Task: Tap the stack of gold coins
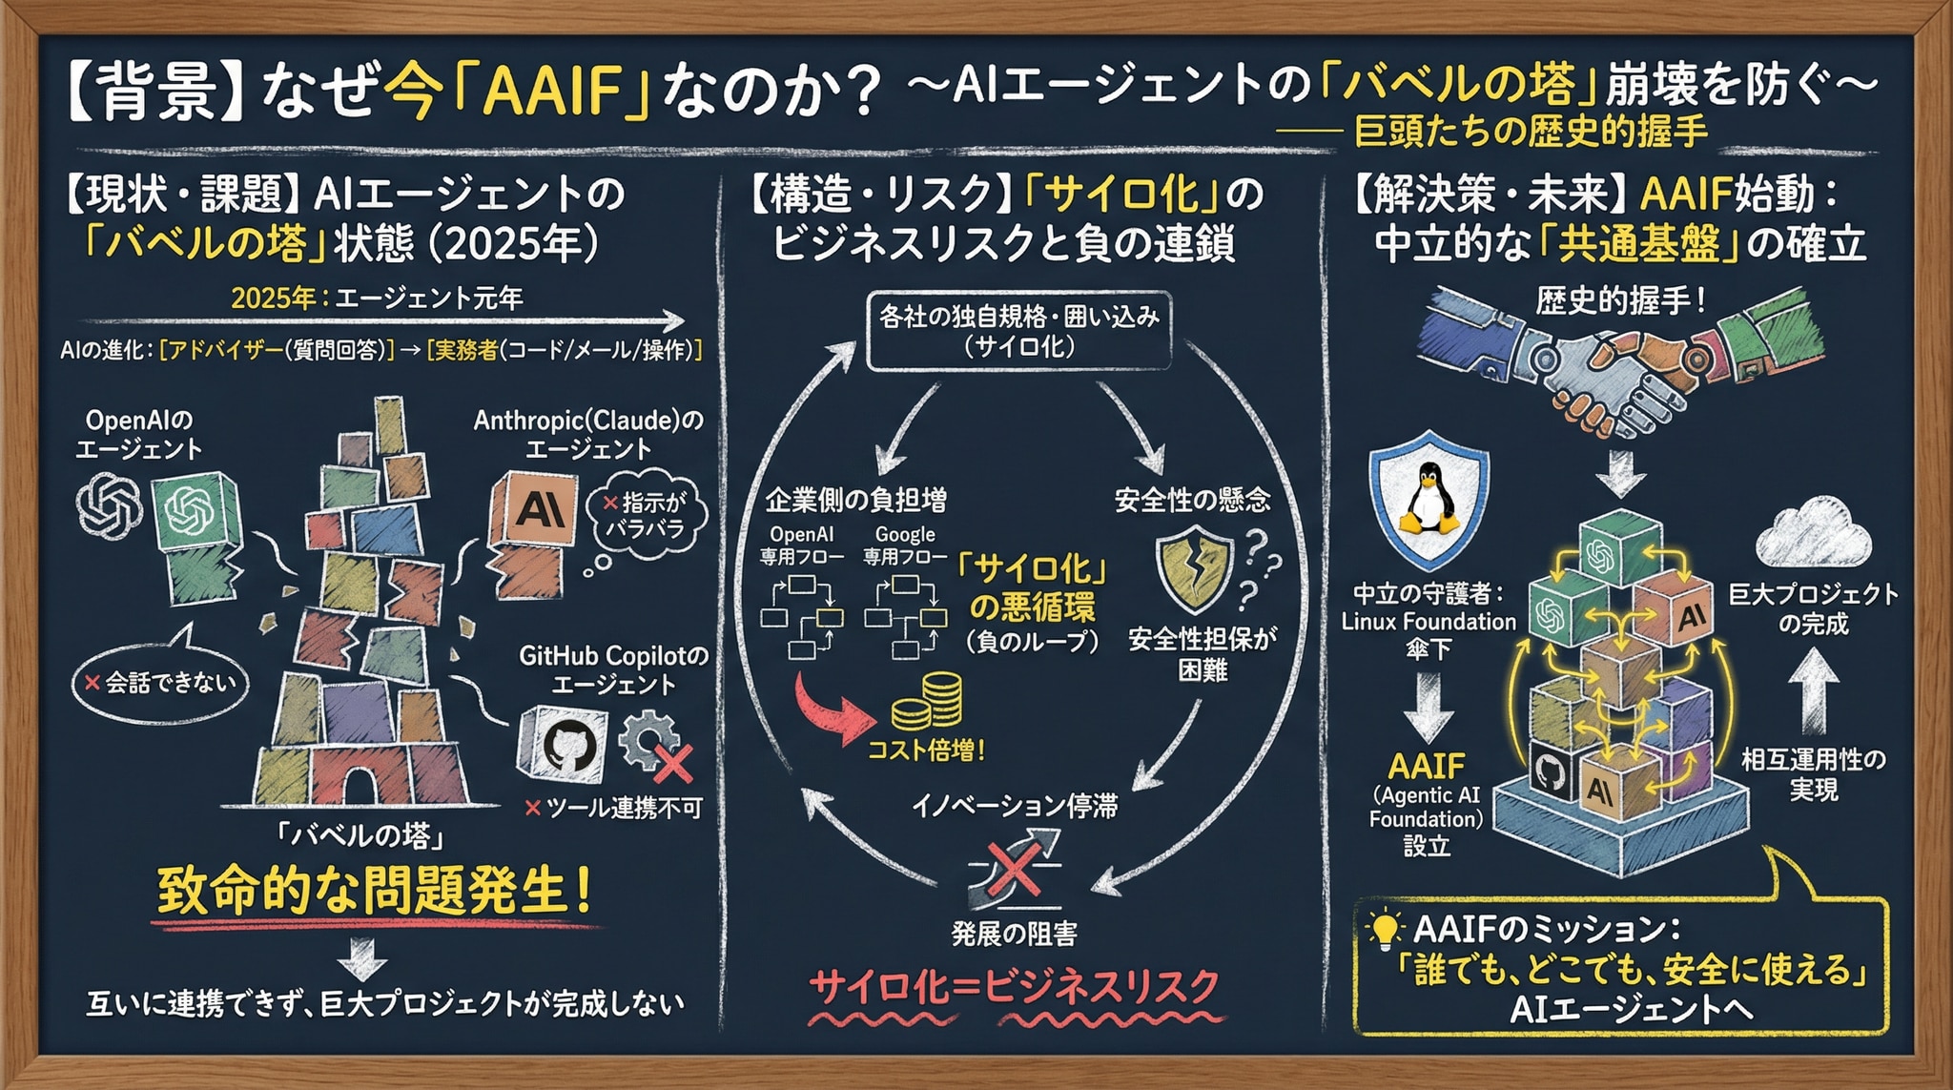(x=927, y=702)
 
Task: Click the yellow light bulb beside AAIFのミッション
(x=1385, y=929)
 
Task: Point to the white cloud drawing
(x=1812, y=534)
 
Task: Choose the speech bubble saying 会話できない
(x=160, y=681)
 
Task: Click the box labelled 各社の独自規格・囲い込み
(x=1018, y=330)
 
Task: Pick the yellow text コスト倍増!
(x=926, y=751)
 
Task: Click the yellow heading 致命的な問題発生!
(x=375, y=891)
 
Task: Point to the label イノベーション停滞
(x=1015, y=807)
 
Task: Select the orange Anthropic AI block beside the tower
(x=533, y=512)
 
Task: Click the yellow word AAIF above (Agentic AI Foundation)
(x=1427, y=766)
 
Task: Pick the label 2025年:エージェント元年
(x=378, y=298)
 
